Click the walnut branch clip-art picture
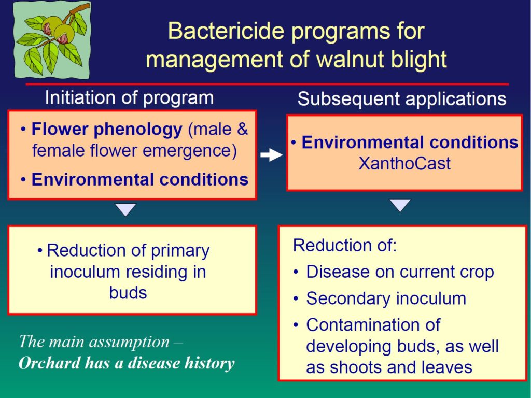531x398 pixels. click(52, 39)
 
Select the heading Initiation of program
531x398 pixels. click(129, 98)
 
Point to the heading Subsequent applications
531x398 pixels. click(402, 99)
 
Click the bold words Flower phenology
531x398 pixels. click(107, 129)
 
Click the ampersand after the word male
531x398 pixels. click(242, 129)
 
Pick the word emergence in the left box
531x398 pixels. click(189, 151)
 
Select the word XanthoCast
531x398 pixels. click(404, 163)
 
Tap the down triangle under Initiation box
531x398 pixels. click(125, 209)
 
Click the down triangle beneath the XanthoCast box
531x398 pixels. click(400, 205)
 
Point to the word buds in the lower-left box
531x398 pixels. click(128, 293)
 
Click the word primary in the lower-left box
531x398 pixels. click(180, 251)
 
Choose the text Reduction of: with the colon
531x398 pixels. click(344, 245)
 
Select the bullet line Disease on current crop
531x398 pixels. click(400, 272)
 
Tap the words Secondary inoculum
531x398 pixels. click(386, 298)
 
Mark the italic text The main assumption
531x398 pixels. click(94, 342)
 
